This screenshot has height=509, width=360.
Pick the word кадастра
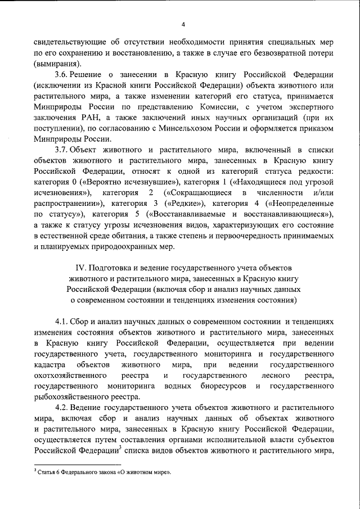(x=51, y=365)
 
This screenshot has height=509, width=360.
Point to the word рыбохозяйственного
(x=72, y=397)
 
